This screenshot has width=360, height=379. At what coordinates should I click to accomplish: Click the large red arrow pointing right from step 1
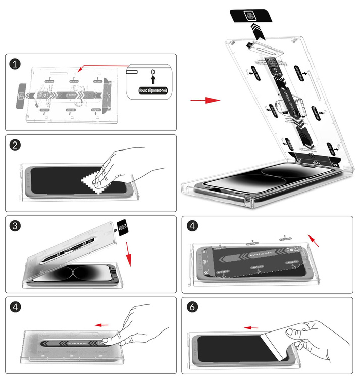pyautogui.click(x=205, y=100)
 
